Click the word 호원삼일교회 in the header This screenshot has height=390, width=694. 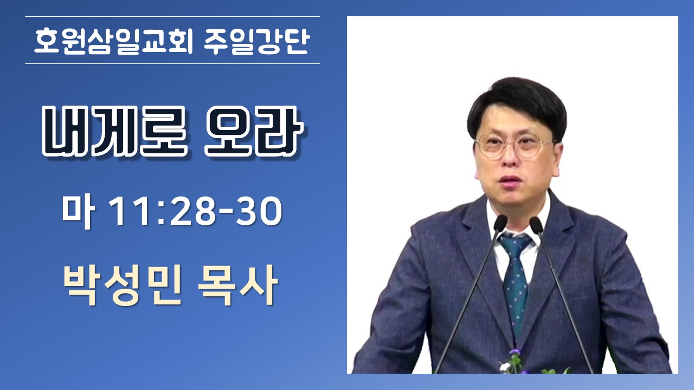[114, 42]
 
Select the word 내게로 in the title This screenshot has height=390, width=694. [114, 131]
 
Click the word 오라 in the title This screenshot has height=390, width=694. [254, 131]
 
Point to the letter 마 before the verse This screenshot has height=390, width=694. [78, 211]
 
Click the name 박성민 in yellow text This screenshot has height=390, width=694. [122, 285]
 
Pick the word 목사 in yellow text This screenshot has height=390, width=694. [237, 285]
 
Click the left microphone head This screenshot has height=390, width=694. [500, 223]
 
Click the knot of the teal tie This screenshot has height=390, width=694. [515, 244]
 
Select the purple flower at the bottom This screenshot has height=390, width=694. [516, 352]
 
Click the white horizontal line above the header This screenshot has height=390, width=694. [172, 16]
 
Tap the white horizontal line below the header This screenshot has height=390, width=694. [172, 64]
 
